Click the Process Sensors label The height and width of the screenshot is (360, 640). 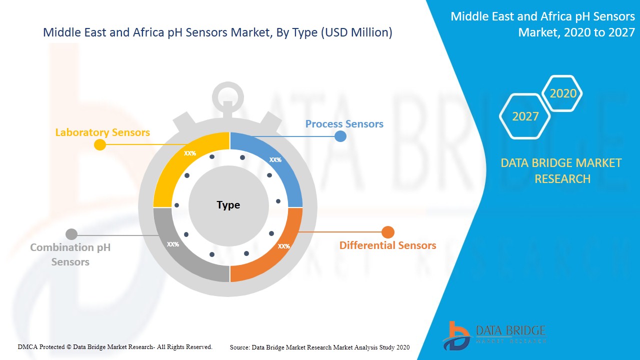[344, 123]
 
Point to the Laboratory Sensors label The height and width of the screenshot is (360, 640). [102, 132]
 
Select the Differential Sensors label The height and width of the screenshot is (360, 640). [387, 245]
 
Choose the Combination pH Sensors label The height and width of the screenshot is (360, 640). [70, 254]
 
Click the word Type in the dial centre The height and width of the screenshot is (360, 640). [228, 205]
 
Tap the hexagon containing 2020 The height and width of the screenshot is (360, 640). [563, 93]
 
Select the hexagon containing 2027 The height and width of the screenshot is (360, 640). [525, 116]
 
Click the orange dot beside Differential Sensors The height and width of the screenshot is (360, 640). [388, 232]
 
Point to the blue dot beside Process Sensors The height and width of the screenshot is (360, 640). [340, 136]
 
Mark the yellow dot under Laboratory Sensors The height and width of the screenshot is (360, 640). [100, 144]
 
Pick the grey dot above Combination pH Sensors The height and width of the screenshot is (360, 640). [71, 234]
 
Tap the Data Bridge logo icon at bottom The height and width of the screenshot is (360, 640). [455, 335]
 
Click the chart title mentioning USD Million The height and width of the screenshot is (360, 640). [217, 32]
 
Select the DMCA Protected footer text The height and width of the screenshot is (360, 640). [115, 346]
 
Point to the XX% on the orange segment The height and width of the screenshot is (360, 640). [283, 246]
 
